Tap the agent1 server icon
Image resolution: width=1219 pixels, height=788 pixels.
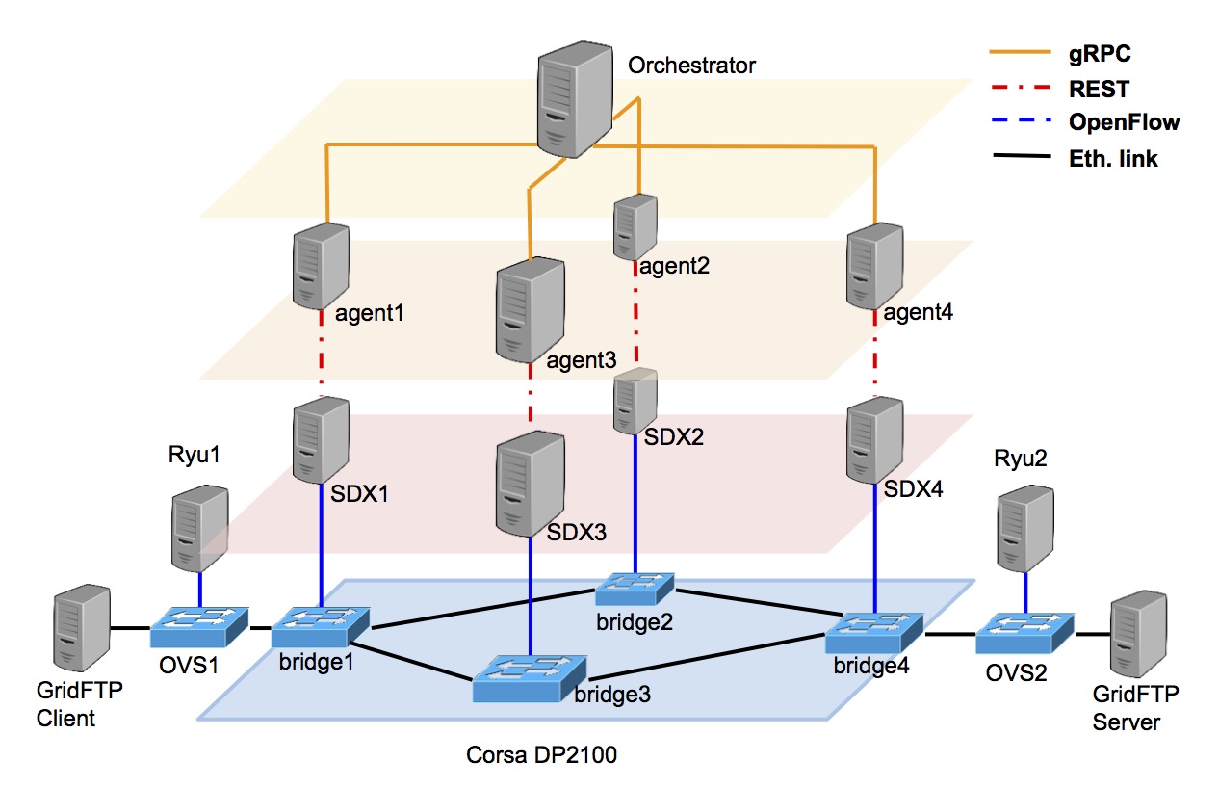pyautogui.click(x=321, y=264)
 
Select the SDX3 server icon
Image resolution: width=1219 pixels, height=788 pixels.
pyautogui.click(x=530, y=484)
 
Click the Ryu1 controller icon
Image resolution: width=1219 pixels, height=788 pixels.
pyautogui.click(x=199, y=528)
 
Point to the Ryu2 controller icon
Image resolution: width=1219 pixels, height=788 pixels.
pyautogui.click(x=1024, y=529)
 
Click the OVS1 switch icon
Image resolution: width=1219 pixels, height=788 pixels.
pyautogui.click(x=199, y=627)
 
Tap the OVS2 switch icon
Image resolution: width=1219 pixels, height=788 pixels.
pyautogui.click(x=1024, y=633)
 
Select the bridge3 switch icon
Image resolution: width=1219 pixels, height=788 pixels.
pyautogui.click(x=523, y=678)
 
